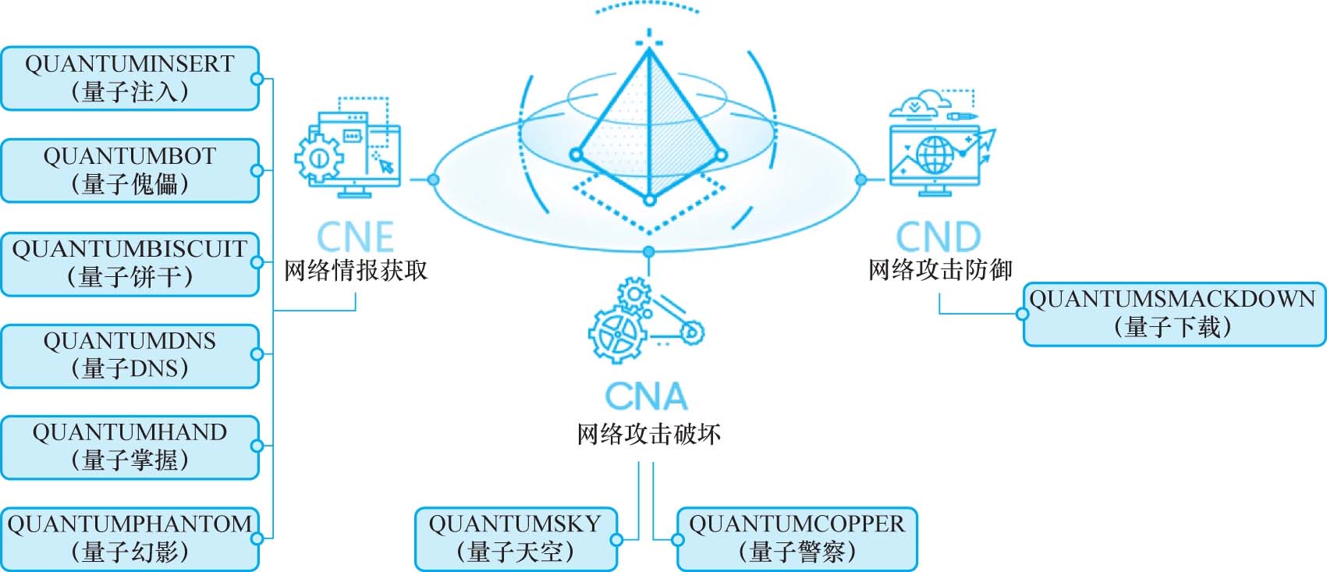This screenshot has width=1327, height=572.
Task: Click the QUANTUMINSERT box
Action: tap(130, 78)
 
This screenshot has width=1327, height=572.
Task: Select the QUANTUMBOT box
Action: tap(130, 170)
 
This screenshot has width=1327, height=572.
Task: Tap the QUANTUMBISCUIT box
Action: tap(130, 263)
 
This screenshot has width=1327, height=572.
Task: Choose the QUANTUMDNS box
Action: tap(130, 355)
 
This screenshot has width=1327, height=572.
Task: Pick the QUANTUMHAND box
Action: tap(130, 446)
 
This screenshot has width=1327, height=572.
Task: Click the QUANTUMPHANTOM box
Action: tap(130, 538)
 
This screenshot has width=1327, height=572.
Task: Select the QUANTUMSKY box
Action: tap(515, 538)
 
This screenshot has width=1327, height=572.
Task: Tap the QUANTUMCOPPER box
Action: tap(797, 538)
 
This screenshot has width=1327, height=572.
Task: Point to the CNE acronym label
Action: tap(355, 236)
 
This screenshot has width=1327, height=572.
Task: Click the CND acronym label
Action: tap(938, 236)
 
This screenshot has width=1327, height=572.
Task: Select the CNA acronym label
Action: tap(646, 396)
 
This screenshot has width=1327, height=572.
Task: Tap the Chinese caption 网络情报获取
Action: tap(355, 270)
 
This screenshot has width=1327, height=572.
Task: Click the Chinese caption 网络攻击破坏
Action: tap(648, 434)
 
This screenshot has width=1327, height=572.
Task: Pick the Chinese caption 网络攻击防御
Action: tap(940, 270)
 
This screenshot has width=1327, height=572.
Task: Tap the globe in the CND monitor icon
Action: tap(935, 156)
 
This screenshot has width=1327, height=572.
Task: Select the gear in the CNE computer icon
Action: tap(318, 158)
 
